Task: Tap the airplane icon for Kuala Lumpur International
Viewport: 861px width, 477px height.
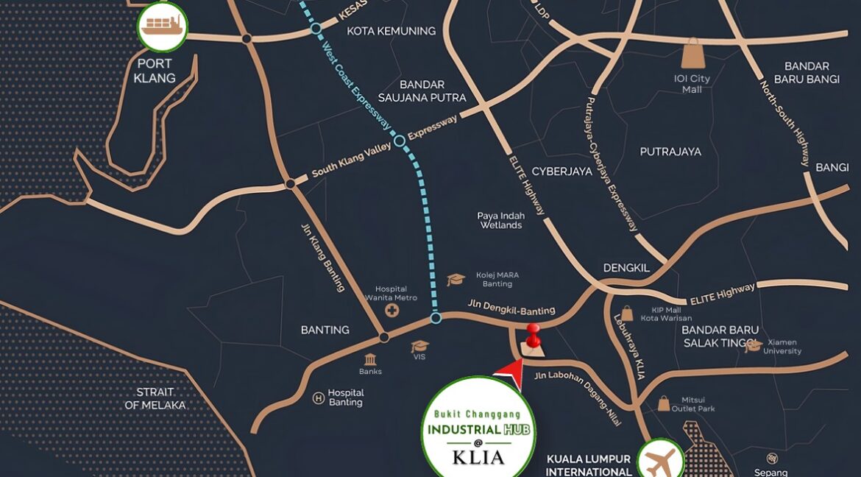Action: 660,461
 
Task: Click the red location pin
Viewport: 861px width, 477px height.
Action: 533,335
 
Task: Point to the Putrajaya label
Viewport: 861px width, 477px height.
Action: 670,152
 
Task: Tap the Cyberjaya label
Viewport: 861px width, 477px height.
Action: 561,171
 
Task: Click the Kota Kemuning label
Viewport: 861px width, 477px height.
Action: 391,31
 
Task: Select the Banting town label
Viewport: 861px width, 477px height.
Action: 325,330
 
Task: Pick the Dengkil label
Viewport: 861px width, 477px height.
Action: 626,268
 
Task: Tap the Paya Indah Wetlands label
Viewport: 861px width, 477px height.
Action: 501,220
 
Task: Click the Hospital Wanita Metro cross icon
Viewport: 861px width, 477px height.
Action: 391,311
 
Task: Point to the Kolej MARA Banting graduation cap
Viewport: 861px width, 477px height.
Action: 456,280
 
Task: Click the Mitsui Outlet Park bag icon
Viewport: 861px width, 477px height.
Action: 664,403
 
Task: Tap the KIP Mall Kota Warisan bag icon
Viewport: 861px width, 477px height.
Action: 627,314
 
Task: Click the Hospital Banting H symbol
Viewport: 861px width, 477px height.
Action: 319,398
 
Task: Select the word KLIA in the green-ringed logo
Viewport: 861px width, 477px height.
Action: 478,457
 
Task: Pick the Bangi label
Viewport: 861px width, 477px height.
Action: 832,168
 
